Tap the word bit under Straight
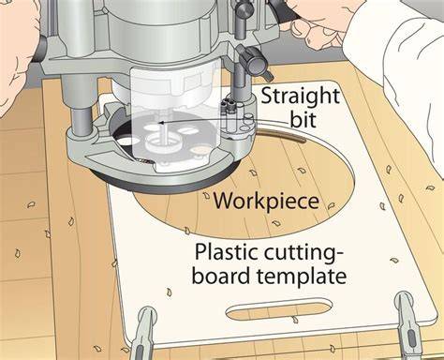point(303,119)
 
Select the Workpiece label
point(266,202)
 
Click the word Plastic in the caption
point(227,252)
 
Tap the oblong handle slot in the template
point(279,309)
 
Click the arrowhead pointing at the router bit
point(161,123)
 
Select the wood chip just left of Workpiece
point(206,196)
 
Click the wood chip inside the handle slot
point(294,320)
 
